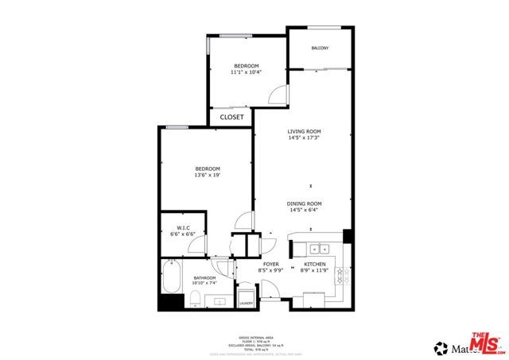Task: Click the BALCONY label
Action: [x=319, y=48]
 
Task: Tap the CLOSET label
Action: [x=232, y=117]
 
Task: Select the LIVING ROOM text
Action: [x=304, y=132]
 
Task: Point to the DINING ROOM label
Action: [x=304, y=204]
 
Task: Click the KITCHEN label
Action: [x=315, y=264]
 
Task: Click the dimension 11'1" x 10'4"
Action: [x=247, y=72]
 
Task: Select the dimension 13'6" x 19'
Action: [x=208, y=176]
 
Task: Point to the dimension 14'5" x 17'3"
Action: [x=304, y=138]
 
